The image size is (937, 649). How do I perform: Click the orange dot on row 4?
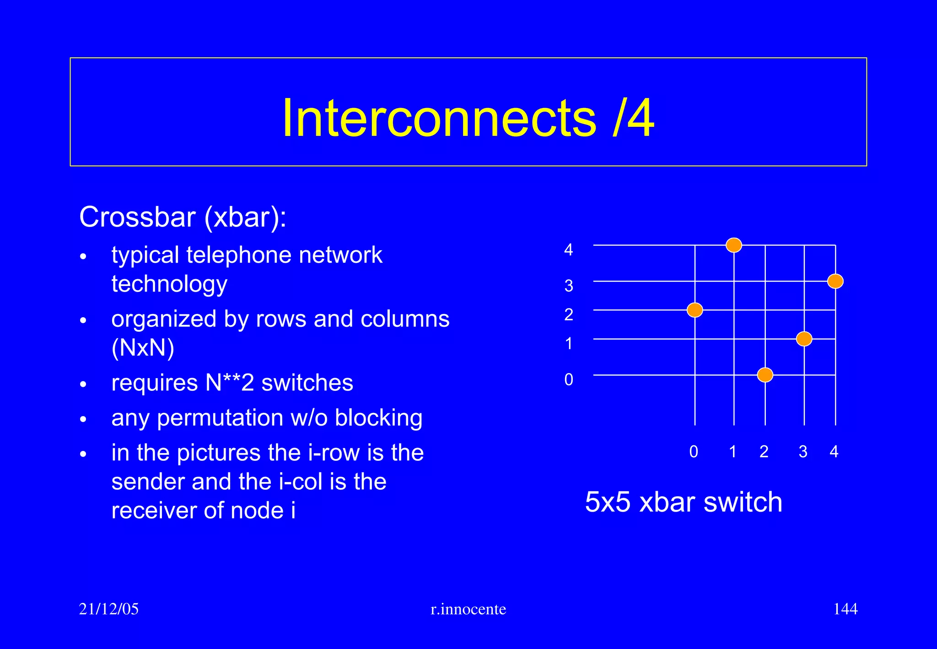pos(734,245)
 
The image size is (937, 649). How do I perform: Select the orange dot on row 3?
pos(835,281)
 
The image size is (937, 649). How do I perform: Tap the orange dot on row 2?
pos(695,310)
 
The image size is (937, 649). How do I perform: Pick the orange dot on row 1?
pos(804,339)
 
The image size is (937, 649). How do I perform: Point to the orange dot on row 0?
pos(765,375)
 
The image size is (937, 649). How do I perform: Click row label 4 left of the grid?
pos(568,250)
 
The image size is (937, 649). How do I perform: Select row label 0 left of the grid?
pos(568,380)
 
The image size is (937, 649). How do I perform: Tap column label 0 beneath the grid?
pos(694,452)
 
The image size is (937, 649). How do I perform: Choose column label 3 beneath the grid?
pos(803,452)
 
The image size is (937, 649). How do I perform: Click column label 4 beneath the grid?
pos(834,452)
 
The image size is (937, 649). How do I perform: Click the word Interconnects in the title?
pos(439,118)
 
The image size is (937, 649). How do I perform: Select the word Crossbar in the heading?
pos(137,217)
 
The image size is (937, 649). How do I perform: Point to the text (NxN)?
pos(143,348)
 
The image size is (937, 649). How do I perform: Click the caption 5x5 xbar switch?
pos(684,502)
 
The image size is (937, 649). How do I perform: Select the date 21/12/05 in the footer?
pos(109,609)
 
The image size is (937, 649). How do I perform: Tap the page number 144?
pos(845,609)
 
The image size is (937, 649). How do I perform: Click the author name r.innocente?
pos(468,609)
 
